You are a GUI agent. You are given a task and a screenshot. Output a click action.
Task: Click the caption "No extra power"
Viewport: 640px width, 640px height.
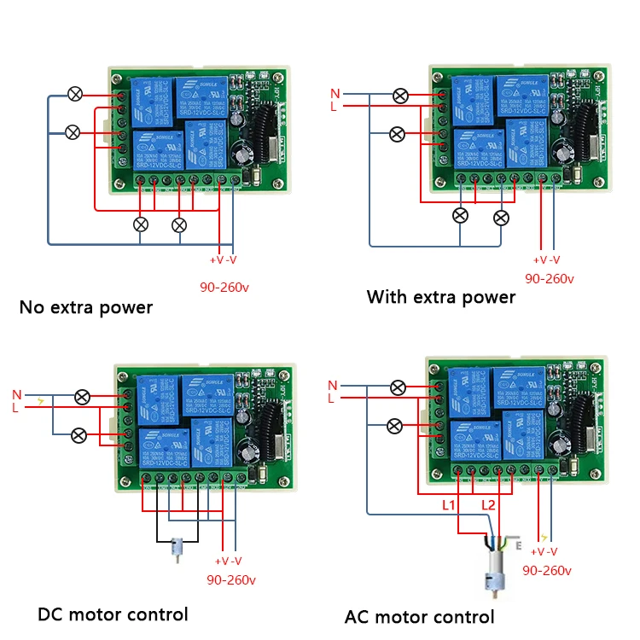[85, 307]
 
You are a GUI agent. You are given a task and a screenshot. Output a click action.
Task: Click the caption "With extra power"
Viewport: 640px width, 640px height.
[440, 297]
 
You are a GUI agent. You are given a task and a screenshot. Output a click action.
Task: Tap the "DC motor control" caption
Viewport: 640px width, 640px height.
[112, 614]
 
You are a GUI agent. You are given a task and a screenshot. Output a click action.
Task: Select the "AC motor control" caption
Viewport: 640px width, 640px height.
[419, 616]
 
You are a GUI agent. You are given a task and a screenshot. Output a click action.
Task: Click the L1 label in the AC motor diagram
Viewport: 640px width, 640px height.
[450, 506]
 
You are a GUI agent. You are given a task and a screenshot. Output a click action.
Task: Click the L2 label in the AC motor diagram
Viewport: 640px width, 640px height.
[488, 506]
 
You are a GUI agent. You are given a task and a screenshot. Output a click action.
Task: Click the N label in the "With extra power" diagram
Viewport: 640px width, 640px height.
[335, 92]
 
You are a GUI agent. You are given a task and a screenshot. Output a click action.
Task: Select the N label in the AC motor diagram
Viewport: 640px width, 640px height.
[332, 385]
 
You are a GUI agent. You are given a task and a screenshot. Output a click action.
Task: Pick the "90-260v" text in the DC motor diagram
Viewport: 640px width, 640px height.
[231, 580]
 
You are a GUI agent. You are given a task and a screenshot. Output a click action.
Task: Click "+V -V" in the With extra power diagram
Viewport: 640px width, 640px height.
[546, 259]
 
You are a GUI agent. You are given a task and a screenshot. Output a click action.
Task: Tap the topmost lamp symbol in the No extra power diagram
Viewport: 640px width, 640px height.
[75, 94]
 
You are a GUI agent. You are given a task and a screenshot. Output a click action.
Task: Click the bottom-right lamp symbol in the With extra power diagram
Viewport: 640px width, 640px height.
[501, 218]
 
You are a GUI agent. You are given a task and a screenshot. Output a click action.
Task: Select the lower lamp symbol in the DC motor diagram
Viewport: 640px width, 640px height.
[78, 435]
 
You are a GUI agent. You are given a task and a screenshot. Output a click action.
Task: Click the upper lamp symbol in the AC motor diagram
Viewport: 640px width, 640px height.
[398, 387]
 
